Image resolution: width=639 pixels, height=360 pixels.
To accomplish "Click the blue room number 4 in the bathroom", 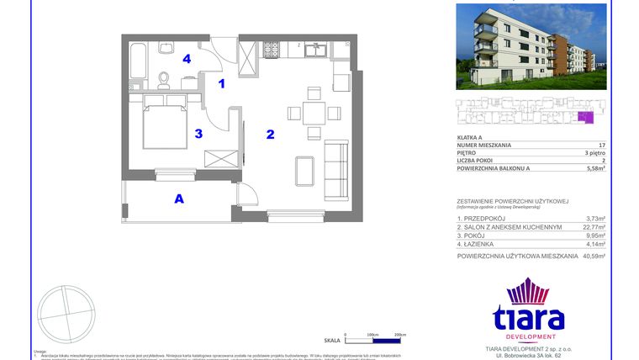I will (187, 59).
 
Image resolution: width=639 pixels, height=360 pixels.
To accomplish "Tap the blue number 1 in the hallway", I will (222, 83).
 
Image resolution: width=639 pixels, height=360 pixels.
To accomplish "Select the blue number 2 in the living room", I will (270, 134).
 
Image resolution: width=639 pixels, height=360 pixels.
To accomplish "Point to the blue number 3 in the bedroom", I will (198, 133).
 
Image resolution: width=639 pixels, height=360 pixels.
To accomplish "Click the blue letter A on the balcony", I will (178, 199).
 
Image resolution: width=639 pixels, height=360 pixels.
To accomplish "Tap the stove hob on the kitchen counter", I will (272, 50).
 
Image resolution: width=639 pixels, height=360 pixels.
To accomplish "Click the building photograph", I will (531, 46).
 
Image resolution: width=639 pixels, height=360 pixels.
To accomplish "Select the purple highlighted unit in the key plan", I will (584, 118).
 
